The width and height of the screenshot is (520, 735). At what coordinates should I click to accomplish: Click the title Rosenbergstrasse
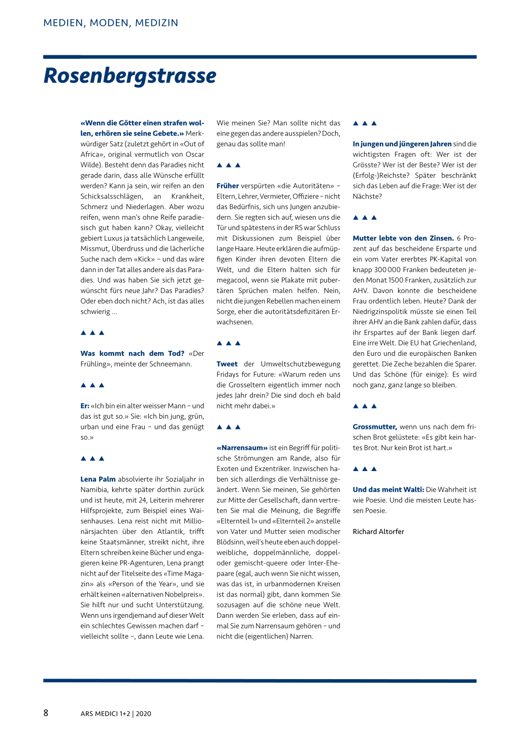click(130, 76)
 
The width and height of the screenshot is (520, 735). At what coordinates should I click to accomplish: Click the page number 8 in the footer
click(46, 713)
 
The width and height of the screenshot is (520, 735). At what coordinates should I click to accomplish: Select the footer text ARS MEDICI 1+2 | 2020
click(116, 713)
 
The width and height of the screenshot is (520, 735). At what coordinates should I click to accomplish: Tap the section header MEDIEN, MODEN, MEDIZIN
click(111, 23)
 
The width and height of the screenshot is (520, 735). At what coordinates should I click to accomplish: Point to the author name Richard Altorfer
click(378, 531)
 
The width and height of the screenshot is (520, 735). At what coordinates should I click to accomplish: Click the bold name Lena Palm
click(98, 479)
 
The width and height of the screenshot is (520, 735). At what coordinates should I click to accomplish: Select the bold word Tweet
click(227, 364)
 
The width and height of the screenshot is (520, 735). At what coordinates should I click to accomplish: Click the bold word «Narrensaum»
click(242, 448)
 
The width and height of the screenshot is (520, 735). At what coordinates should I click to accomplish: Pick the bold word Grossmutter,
click(375, 427)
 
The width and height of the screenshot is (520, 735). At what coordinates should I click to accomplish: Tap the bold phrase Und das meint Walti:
click(388, 490)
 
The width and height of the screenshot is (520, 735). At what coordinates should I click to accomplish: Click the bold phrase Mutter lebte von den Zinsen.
click(403, 238)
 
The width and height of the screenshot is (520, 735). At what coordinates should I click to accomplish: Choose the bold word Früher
click(227, 186)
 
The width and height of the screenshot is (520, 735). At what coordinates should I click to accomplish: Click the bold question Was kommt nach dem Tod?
click(132, 353)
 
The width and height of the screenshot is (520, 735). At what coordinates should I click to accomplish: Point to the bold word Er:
click(85, 406)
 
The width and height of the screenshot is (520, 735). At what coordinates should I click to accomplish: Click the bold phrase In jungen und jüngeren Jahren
click(402, 144)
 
